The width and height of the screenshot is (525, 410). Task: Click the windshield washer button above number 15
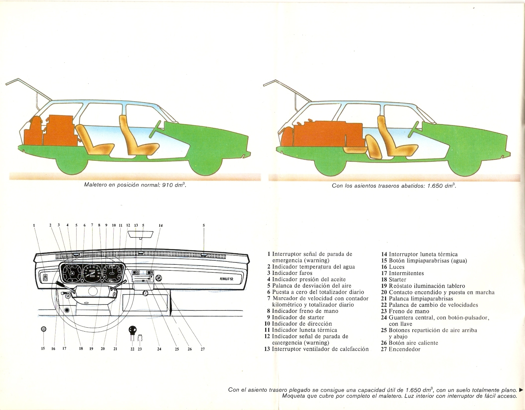[43, 329]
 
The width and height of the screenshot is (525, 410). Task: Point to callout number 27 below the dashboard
[203, 349]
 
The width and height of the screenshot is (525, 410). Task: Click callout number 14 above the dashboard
[161, 226]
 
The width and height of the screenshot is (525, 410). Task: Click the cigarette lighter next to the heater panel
[159, 278]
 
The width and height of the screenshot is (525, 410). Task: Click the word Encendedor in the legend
[404, 349]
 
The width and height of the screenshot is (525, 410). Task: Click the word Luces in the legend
[397, 267]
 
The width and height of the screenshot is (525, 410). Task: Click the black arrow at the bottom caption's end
[521, 390]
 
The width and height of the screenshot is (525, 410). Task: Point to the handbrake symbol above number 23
[140, 338]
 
